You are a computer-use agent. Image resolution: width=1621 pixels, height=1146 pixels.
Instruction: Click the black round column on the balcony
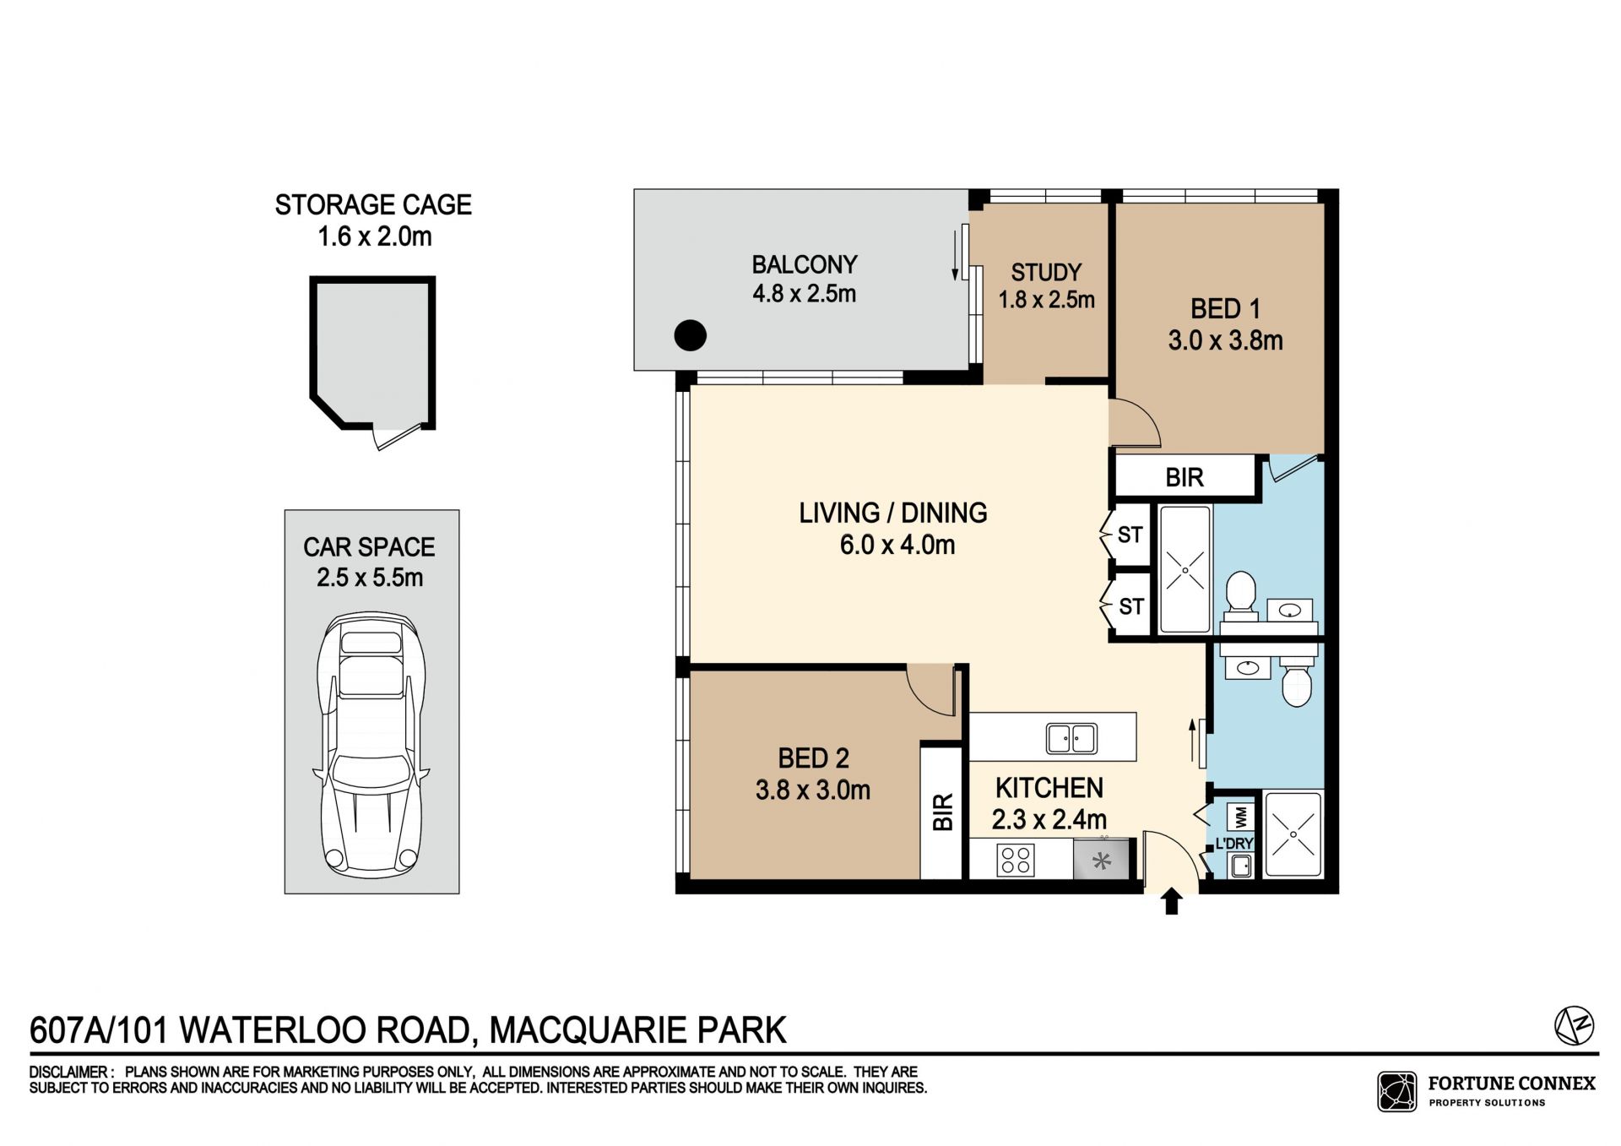(x=690, y=336)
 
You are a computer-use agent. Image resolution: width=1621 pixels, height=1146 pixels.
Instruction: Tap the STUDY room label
(x=1046, y=273)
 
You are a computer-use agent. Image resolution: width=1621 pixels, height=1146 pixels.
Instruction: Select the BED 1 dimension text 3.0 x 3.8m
(x=1225, y=340)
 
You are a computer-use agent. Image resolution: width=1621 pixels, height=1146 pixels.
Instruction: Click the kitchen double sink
(x=1071, y=738)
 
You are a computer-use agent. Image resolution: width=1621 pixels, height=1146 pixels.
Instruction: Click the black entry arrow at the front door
(x=1171, y=901)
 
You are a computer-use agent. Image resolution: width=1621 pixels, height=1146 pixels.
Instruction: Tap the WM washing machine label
(x=1240, y=817)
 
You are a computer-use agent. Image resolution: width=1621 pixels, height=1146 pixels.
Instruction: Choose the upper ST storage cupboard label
(x=1130, y=535)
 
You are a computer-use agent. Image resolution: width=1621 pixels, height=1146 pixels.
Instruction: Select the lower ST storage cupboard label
(x=1130, y=606)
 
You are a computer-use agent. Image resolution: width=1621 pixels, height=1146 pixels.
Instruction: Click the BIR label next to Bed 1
(x=1185, y=478)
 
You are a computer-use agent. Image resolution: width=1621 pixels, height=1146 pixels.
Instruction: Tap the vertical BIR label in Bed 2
(x=943, y=812)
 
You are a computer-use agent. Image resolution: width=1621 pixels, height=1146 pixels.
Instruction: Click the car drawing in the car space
(x=371, y=744)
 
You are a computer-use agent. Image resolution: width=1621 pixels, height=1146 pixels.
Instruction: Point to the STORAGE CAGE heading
(x=373, y=205)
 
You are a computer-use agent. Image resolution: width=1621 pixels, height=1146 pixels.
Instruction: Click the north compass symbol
(x=1575, y=1026)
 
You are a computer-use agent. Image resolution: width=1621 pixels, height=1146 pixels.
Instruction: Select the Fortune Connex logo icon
(x=1397, y=1091)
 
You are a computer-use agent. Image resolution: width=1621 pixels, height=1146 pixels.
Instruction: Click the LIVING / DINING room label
(x=893, y=513)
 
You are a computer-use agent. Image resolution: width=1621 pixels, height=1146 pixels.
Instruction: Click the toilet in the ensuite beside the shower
(x=1240, y=591)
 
